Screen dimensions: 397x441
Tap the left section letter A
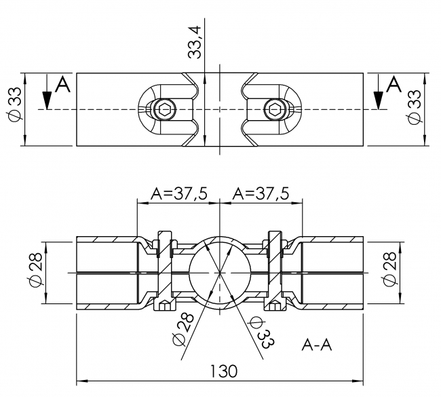62,85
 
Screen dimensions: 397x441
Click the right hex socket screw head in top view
274,109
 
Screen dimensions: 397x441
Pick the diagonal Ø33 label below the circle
261,333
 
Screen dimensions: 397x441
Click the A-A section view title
316,345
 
